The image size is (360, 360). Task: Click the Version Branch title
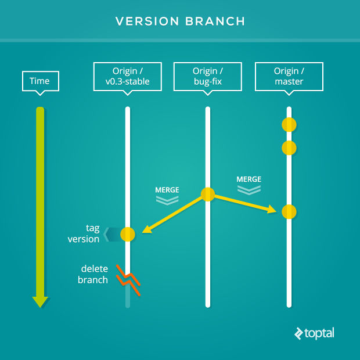point(180,21)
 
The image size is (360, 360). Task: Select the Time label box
point(41,81)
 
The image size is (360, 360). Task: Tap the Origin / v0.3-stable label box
point(128,77)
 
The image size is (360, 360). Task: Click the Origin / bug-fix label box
point(208,77)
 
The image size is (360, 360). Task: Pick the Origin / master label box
point(289,77)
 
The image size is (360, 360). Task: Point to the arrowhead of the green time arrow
point(40,302)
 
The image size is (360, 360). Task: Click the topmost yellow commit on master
point(289,125)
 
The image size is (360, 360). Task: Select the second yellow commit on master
point(289,148)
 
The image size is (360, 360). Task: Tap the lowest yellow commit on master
point(289,212)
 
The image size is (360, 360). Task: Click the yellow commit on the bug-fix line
point(208,195)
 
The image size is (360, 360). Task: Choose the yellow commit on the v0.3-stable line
point(128,234)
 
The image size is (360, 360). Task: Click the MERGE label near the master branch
point(249,179)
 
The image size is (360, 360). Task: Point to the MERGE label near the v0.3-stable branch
point(167,190)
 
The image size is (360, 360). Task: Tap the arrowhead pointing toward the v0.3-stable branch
point(146,229)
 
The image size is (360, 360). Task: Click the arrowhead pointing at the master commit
point(272,210)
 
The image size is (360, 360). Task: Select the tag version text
point(84,233)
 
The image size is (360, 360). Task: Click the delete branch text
point(93,274)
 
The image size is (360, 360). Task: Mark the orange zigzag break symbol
point(128,280)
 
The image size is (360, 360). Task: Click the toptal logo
point(314,333)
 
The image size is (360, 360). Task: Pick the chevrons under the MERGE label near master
point(249,190)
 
